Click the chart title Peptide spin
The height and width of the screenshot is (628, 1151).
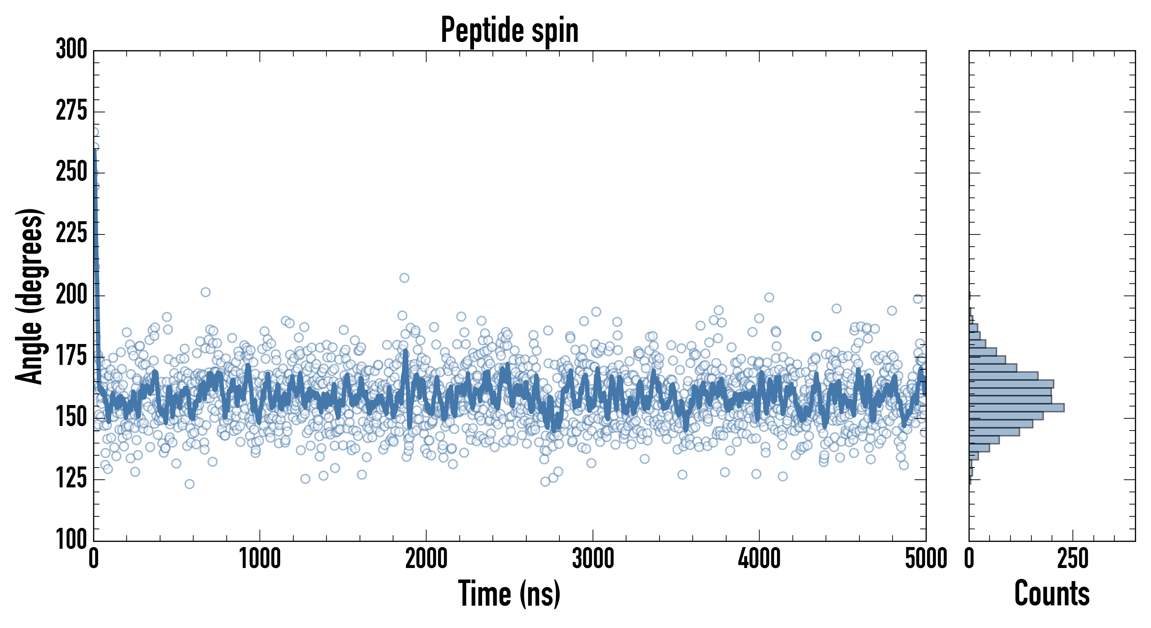point(509,30)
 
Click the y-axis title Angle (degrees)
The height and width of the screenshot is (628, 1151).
point(30,296)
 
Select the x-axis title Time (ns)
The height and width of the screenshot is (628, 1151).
point(509,593)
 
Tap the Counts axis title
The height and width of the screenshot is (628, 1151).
point(1052,593)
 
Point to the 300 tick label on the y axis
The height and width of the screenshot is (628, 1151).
point(72,49)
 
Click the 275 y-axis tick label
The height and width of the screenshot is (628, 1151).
point(72,111)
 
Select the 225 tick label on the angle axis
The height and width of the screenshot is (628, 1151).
point(72,233)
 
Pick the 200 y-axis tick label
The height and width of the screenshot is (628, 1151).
point(72,295)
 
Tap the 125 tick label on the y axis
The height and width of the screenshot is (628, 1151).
point(72,479)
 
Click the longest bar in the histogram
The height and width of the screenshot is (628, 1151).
point(1016,408)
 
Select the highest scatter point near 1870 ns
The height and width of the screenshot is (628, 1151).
point(404,278)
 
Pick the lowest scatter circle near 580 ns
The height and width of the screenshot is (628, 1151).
point(189,484)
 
